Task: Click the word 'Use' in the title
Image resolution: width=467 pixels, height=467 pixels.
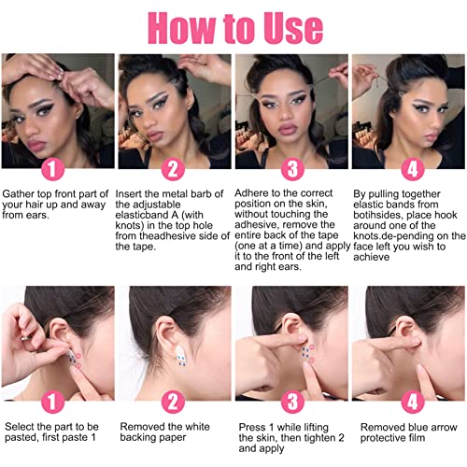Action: [293, 28]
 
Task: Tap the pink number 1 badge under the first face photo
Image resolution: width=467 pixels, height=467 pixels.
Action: [52, 169]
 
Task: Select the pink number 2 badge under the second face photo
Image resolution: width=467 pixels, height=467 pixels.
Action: [173, 169]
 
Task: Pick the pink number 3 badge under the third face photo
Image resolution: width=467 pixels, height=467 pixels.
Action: [292, 169]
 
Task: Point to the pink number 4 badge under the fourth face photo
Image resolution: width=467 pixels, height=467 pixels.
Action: [413, 169]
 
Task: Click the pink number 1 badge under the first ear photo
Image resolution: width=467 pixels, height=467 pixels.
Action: [52, 402]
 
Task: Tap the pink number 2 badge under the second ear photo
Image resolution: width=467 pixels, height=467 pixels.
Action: [173, 402]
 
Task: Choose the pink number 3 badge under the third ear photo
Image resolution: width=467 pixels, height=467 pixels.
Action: [292, 402]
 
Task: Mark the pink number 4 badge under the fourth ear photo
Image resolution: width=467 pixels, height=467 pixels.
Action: [413, 402]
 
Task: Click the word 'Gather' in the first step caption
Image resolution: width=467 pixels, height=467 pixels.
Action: [19, 194]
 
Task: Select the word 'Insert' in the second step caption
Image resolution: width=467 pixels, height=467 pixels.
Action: [128, 194]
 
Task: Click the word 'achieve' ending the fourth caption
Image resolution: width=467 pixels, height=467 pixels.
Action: [372, 257]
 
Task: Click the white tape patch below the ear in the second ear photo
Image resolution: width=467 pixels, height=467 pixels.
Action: [181, 354]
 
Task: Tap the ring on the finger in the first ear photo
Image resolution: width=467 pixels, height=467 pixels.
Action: [26, 337]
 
